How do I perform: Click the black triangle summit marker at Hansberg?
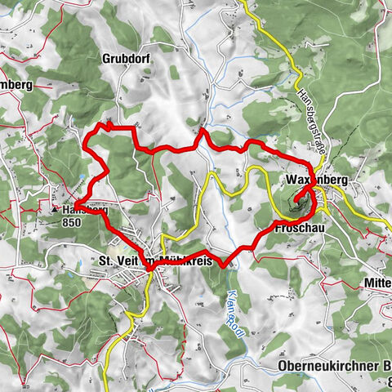coord(55,210)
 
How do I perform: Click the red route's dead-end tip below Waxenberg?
coord(293,195)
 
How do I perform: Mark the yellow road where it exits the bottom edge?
coord(107,389)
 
